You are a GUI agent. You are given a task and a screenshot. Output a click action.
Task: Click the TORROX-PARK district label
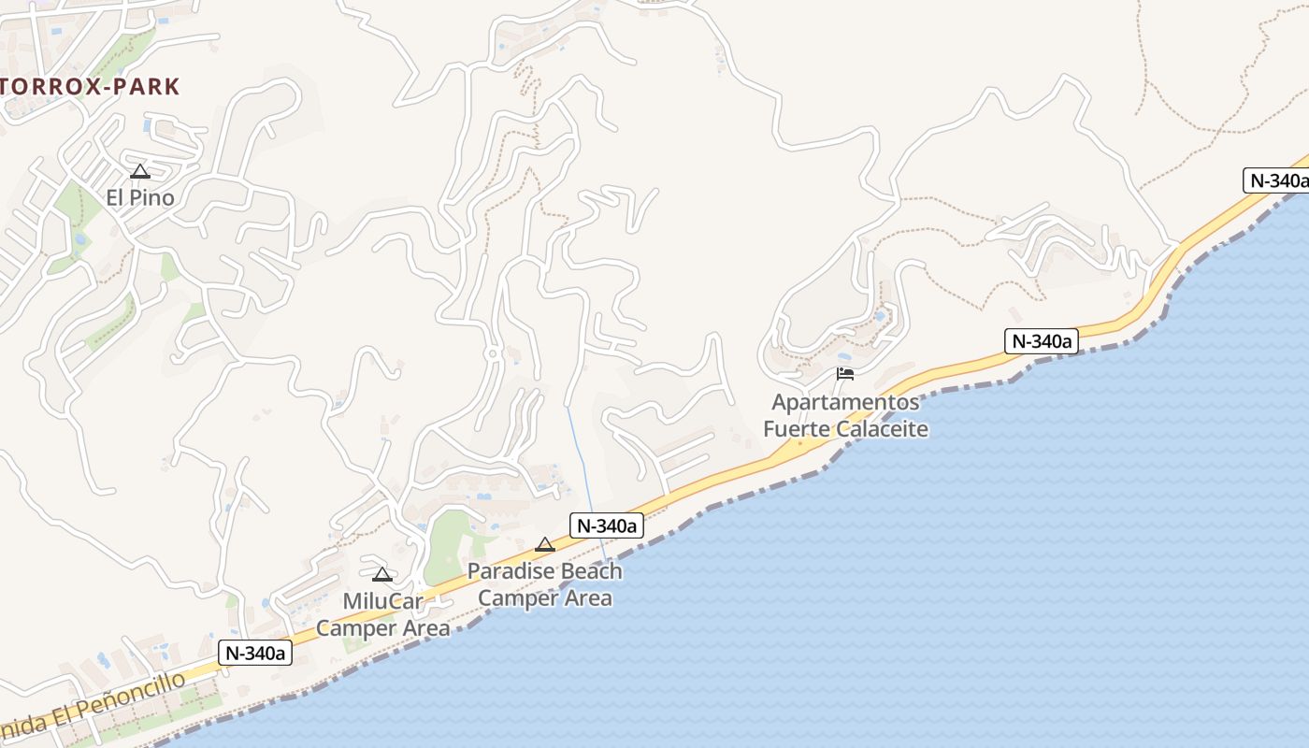click(x=90, y=87)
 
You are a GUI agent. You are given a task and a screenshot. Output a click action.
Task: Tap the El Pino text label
click(x=140, y=198)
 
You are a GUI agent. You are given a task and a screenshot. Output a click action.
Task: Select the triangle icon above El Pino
click(x=140, y=171)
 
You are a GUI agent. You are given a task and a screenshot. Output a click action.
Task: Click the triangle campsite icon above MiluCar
click(x=381, y=574)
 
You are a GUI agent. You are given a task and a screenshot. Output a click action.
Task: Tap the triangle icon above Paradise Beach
click(x=545, y=544)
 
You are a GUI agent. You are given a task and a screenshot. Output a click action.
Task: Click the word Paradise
click(x=511, y=570)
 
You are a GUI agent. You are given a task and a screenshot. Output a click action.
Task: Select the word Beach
click(x=590, y=570)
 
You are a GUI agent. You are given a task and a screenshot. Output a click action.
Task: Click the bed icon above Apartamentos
click(x=845, y=374)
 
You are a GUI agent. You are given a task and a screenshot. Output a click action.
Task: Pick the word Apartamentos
click(x=845, y=402)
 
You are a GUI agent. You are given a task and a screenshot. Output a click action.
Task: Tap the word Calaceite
click(x=884, y=429)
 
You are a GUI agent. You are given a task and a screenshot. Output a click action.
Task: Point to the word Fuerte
click(x=797, y=429)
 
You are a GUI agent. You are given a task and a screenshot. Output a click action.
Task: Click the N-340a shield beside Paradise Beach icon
click(x=607, y=525)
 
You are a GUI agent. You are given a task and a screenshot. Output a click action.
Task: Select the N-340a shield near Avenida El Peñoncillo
click(x=255, y=653)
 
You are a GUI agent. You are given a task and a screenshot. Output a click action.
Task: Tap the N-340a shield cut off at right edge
click(x=1276, y=180)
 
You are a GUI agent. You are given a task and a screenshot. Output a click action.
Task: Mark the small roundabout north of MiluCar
click(x=492, y=353)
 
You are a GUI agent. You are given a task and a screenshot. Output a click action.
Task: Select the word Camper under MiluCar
click(x=357, y=628)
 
